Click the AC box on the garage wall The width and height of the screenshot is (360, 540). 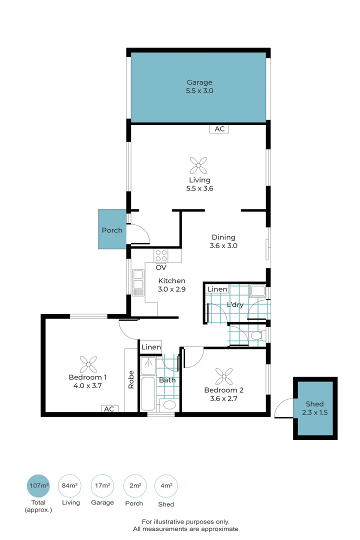pyautogui.click(x=219, y=129)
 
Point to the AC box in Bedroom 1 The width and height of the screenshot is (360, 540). pyautogui.click(x=109, y=409)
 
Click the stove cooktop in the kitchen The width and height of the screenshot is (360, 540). pyautogui.click(x=161, y=255)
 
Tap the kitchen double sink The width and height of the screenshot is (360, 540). pyautogui.click(x=138, y=280)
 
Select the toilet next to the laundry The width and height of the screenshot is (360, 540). pyautogui.click(x=257, y=335)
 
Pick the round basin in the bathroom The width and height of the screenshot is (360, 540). pyautogui.click(x=169, y=404)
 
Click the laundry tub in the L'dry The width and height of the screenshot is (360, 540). pyautogui.click(x=257, y=291)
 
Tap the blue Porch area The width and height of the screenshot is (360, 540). pyautogui.click(x=112, y=230)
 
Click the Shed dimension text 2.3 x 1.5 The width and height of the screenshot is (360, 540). pyautogui.click(x=315, y=412)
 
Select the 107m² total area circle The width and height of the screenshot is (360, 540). pyautogui.click(x=38, y=485)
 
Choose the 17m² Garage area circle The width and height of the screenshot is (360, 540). pyautogui.click(x=102, y=485)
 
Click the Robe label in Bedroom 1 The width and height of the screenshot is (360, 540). pyautogui.click(x=131, y=380)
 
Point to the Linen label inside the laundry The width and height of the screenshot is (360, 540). pyautogui.click(x=217, y=289)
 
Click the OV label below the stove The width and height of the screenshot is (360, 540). pyautogui.click(x=161, y=267)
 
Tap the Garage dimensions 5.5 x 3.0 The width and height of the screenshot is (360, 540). pyautogui.click(x=199, y=91)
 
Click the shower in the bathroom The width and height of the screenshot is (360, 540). pyautogui.click(x=149, y=366)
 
